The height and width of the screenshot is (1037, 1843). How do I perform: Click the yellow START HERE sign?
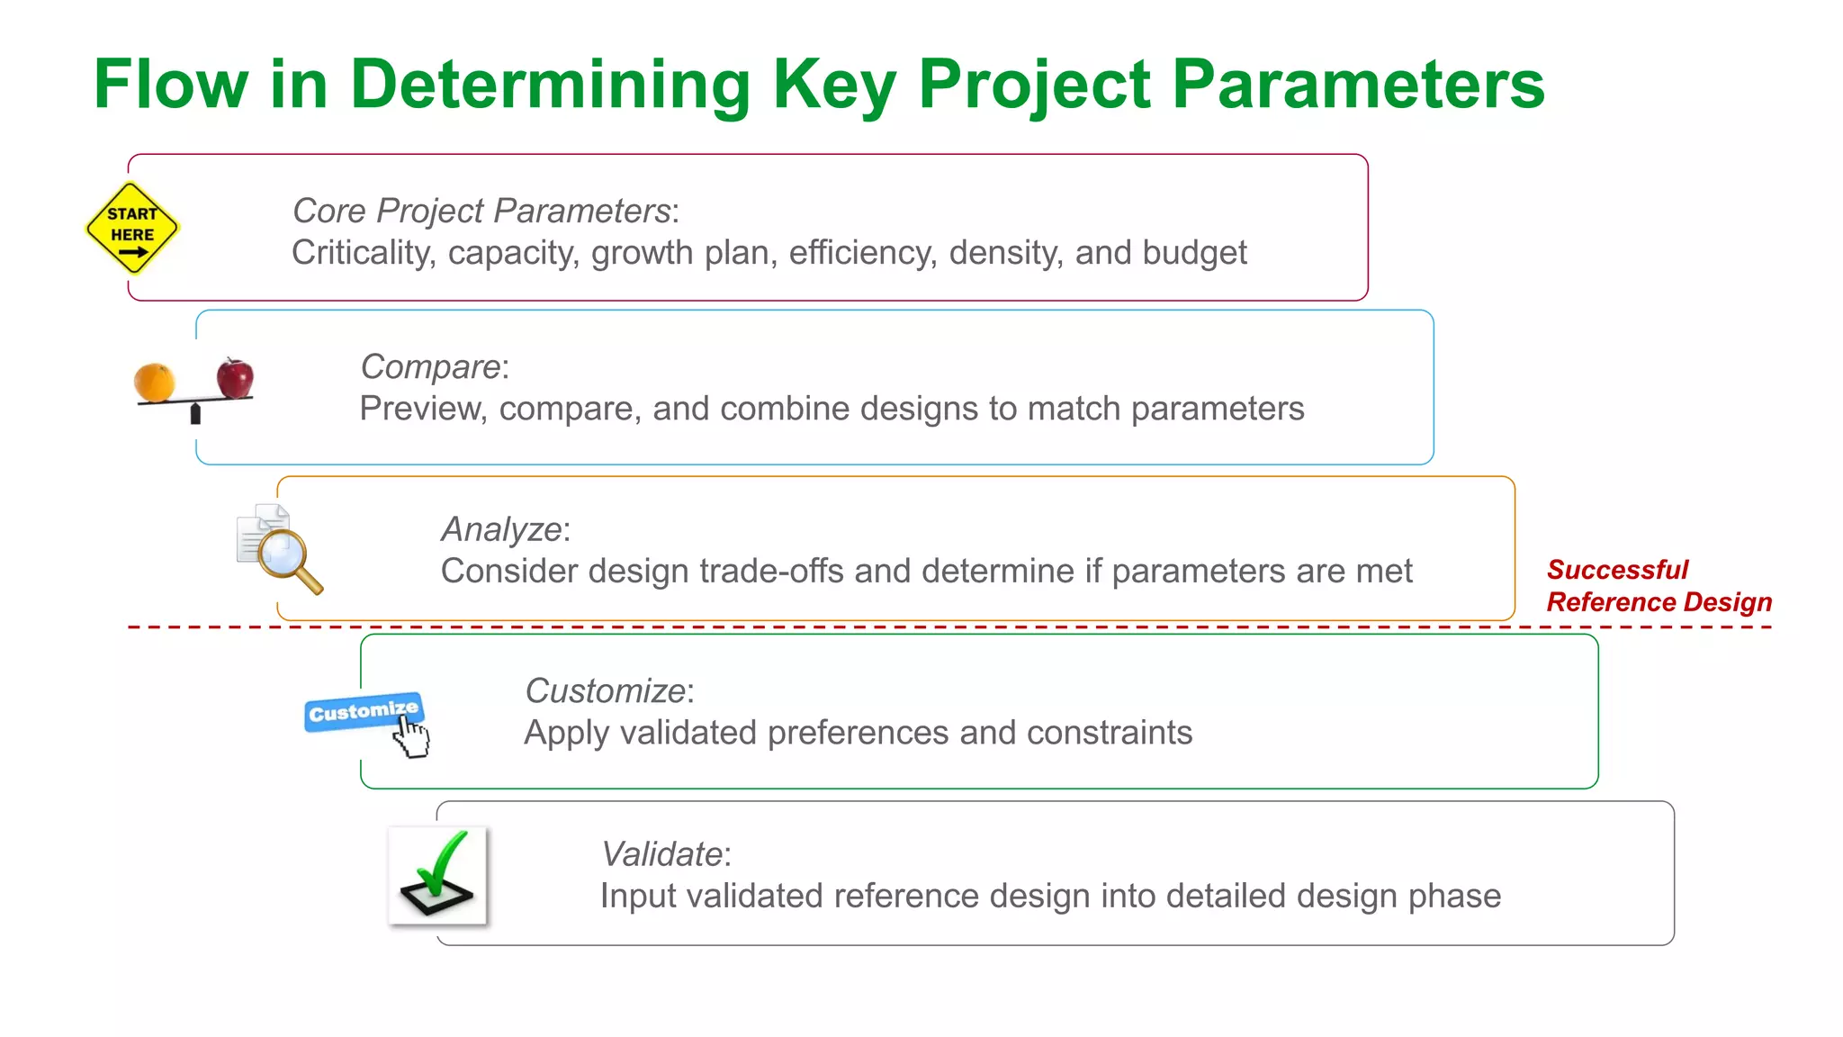(x=132, y=228)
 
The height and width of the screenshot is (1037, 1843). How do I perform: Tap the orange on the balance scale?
(x=154, y=382)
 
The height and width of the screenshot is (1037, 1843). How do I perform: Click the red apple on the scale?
(x=235, y=377)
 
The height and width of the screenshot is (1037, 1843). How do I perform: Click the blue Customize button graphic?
(x=363, y=712)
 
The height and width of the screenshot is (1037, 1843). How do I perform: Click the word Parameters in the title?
(x=1358, y=85)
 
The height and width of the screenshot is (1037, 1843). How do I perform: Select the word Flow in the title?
(x=170, y=85)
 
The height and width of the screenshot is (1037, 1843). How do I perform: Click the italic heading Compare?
(x=430, y=367)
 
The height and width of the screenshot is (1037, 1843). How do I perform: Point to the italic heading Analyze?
(x=501, y=529)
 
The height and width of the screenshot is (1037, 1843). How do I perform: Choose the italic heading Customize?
(x=606, y=691)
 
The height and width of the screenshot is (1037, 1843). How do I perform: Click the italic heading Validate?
(x=661, y=854)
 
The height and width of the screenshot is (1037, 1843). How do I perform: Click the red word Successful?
(x=1617, y=570)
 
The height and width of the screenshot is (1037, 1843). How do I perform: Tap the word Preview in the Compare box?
(x=423, y=409)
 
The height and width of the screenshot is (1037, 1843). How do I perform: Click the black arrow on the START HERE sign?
(x=132, y=253)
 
